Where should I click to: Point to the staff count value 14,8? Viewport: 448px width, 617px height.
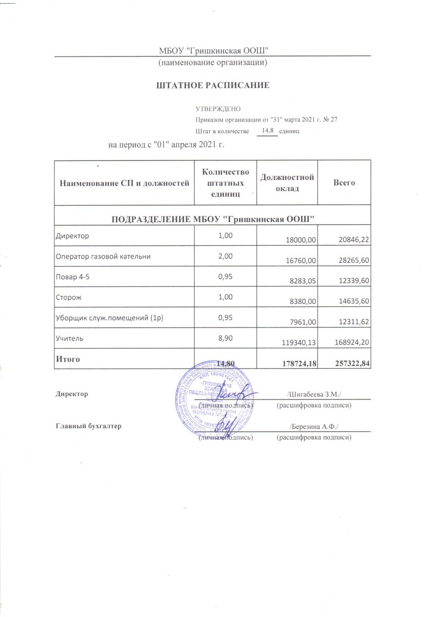click(267, 131)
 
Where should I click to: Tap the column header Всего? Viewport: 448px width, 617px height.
click(344, 183)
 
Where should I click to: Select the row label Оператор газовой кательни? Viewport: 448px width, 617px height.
click(103, 256)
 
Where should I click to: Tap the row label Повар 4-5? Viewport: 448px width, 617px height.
click(70, 276)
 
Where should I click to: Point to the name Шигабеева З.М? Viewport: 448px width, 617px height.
click(315, 394)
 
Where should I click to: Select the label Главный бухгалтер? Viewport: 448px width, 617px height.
click(88, 426)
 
